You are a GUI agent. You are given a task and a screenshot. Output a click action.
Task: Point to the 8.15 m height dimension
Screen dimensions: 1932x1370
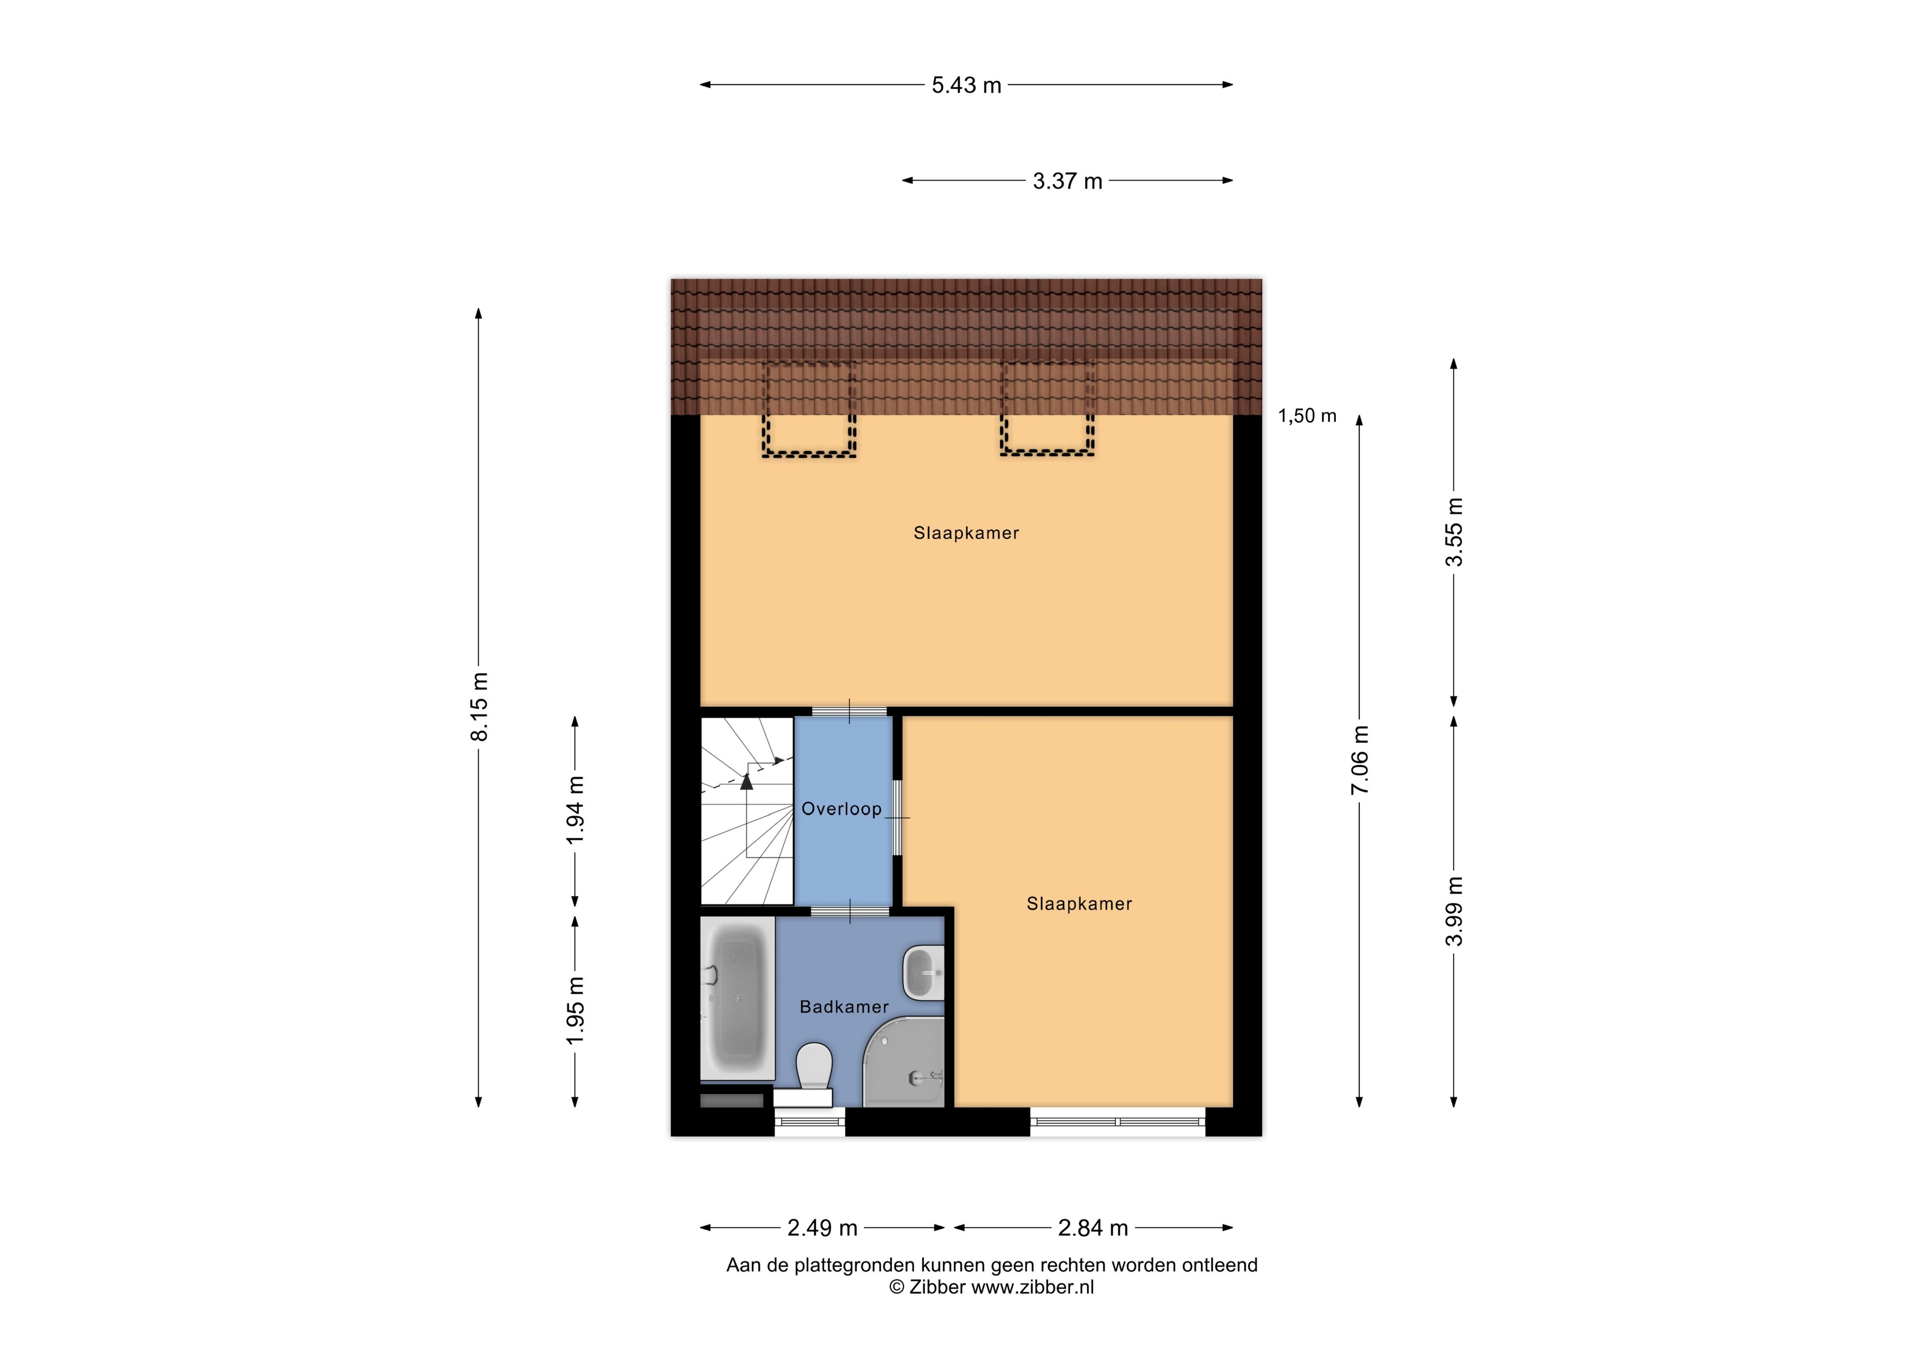479,707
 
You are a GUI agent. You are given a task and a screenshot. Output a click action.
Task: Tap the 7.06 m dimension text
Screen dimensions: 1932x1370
1360,759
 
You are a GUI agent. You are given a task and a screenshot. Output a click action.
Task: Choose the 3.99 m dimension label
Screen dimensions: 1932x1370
1454,911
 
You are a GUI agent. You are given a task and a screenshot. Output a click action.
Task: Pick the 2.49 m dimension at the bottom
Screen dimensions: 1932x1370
823,1228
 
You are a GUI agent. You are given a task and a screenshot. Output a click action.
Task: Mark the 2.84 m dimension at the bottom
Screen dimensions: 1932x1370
1093,1228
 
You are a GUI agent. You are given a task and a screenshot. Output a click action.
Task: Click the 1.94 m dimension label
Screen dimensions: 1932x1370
575,810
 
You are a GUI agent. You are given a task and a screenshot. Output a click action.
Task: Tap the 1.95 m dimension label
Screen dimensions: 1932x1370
575,1011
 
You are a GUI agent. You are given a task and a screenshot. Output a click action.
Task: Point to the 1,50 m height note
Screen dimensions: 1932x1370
1307,416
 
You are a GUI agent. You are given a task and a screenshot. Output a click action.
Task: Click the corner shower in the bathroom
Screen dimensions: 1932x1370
904,1062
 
